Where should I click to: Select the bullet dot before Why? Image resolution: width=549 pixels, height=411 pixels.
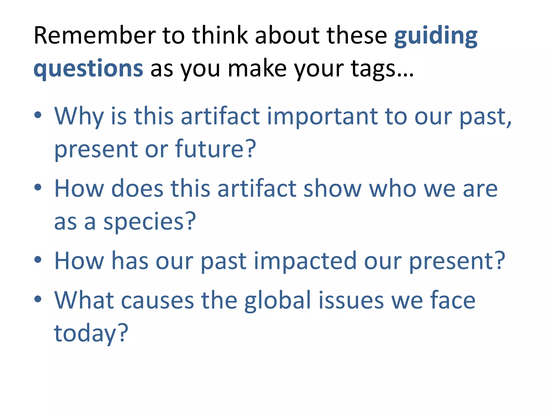pos(38,115)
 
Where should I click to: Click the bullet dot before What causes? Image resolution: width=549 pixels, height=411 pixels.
pos(38,299)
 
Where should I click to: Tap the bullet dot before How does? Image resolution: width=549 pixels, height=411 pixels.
pos(38,187)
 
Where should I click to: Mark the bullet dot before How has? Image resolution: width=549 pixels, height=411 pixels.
pos(38,260)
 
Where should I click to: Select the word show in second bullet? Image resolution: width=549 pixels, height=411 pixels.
pos(332,189)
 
